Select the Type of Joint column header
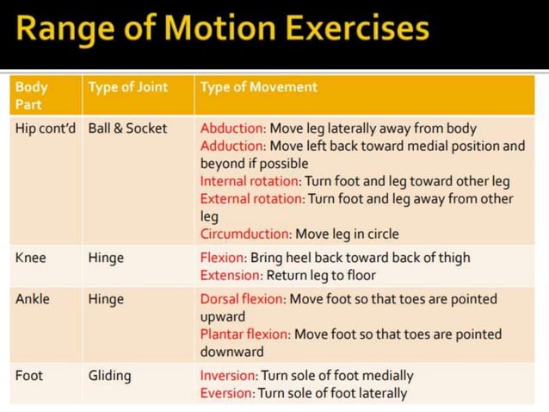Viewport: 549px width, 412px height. [127, 87]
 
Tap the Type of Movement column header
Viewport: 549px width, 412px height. [258, 87]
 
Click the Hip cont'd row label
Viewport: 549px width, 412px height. [46, 128]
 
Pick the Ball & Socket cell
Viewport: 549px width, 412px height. [127, 128]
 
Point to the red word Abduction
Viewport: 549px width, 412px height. [232, 128]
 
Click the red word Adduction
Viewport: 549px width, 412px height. [232, 147]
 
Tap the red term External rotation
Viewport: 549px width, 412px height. [252, 199]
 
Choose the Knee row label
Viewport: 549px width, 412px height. [31, 258]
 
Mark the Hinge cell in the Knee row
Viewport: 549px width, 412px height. [106, 258]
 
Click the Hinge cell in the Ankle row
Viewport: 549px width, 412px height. [106, 299]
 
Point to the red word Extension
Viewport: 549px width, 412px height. [230, 276]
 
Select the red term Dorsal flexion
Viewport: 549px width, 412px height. [242, 299]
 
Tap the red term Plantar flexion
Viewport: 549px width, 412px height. [244, 334]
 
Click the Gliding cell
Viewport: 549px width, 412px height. [110, 376]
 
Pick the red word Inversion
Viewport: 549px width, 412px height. [228, 376]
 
